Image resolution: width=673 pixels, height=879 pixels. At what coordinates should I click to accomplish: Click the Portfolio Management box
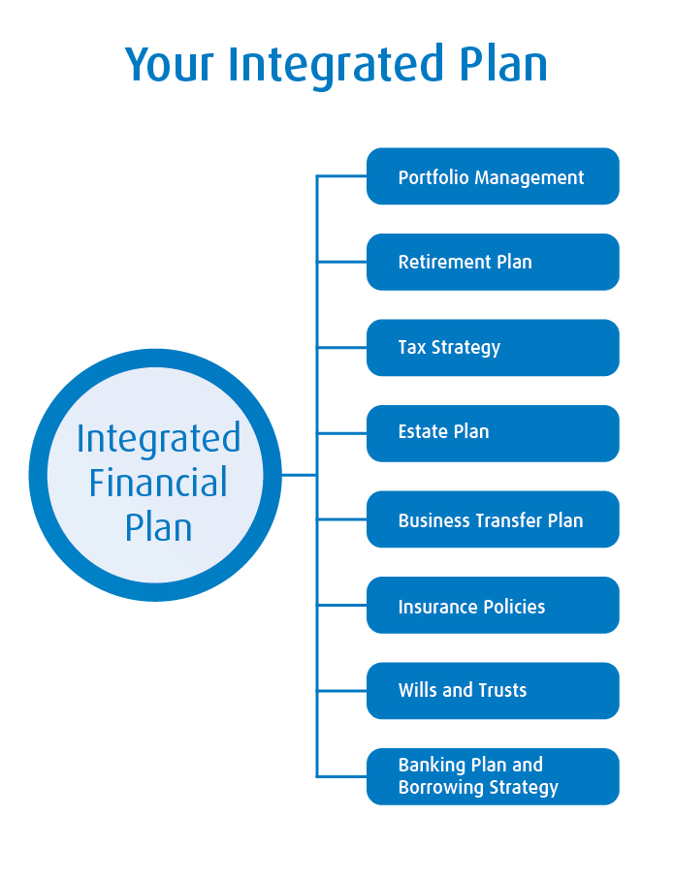[493, 176]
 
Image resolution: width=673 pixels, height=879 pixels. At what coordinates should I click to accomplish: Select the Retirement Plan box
[493, 262]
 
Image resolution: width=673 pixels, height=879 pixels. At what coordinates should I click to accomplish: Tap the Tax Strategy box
[493, 347]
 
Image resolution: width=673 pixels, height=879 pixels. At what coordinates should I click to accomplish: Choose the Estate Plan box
[493, 432]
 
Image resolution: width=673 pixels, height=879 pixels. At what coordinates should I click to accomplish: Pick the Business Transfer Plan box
[493, 519]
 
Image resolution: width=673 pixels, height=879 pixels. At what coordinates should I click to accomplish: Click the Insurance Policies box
[493, 606]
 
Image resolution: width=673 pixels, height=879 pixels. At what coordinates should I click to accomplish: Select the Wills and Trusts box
[493, 690]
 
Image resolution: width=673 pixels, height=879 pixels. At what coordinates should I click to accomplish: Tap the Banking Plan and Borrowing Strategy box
[493, 776]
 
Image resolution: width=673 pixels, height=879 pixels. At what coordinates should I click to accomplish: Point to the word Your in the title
[171, 64]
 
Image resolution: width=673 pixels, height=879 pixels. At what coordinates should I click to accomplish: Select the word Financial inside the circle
[158, 483]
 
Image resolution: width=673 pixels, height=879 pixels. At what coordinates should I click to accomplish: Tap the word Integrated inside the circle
[158, 438]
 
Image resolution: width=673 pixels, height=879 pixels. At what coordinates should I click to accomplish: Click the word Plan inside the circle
[158, 526]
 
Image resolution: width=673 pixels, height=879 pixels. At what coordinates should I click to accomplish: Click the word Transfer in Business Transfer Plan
[509, 519]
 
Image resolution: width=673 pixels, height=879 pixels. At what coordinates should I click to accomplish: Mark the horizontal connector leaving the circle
[299, 475]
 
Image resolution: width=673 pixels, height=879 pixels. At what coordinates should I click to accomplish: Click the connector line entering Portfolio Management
[341, 176]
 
